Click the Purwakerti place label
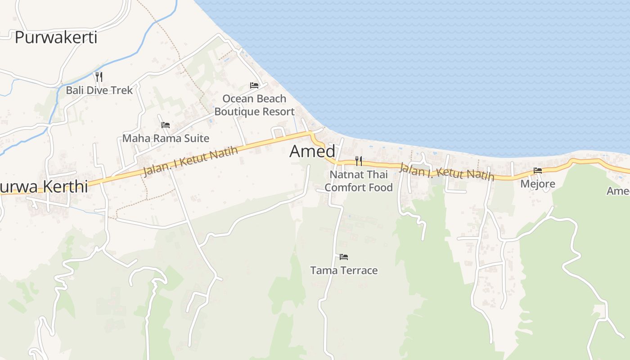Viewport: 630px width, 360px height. tap(56, 37)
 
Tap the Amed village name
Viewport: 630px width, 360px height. tap(312, 151)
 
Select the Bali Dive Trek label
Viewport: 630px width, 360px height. tap(99, 90)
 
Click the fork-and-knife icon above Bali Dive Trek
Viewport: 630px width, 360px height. tap(99, 77)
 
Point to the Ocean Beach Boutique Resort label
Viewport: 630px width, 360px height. tap(254, 105)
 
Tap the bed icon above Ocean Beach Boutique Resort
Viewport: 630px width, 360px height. tap(254, 85)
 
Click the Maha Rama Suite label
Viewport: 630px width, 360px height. tap(166, 138)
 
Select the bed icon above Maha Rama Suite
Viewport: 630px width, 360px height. tap(166, 125)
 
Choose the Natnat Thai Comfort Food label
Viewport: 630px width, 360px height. tap(359, 180)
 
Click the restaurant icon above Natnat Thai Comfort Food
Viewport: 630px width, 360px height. tap(359, 161)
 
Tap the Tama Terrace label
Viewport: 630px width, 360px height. tap(344, 270)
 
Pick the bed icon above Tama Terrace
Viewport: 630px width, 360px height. tap(344, 257)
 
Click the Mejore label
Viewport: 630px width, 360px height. tap(538, 184)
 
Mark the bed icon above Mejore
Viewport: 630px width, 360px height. tap(538, 170)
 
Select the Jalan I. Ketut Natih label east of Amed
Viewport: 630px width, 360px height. tap(446, 171)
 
